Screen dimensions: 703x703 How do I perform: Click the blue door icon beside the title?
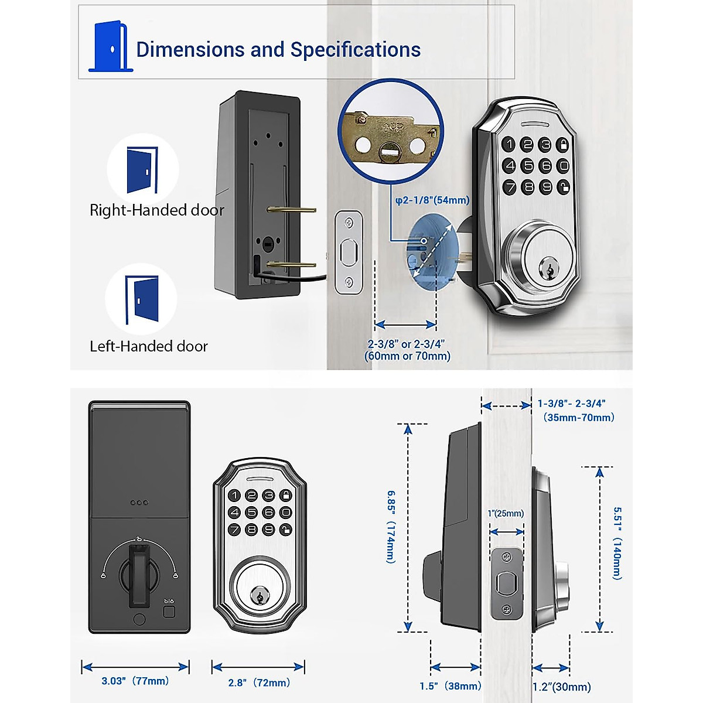click(111, 47)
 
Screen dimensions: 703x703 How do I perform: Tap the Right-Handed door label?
click(156, 210)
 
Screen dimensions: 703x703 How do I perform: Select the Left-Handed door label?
click(148, 346)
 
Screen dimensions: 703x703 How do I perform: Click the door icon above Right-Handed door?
click(142, 170)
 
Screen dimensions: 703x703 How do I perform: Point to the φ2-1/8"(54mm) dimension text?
click(432, 200)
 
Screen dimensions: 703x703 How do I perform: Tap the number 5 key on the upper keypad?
click(528, 166)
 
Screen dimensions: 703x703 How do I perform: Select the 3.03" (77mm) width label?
click(135, 681)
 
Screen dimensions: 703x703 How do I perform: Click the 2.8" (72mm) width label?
click(258, 682)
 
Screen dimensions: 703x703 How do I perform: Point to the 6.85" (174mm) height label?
click(391, 527)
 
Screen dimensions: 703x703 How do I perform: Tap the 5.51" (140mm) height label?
click(617, 543)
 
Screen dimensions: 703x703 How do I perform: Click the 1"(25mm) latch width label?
click(506, 514)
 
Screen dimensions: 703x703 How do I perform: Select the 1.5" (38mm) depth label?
click(450, 686)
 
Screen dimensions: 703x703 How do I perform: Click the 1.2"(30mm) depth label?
click(561, 687)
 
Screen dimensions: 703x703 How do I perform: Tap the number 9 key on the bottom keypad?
click(268, 529)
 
